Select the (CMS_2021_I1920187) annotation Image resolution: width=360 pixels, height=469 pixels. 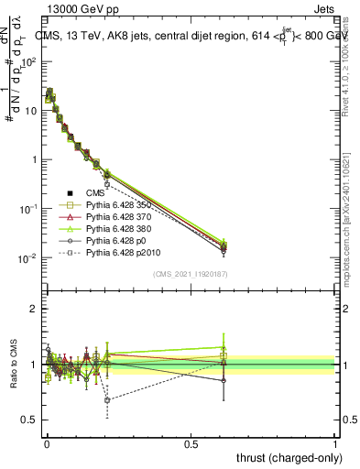click(189, 273)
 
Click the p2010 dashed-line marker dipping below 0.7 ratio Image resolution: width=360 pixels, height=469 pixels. click(108, 399)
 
